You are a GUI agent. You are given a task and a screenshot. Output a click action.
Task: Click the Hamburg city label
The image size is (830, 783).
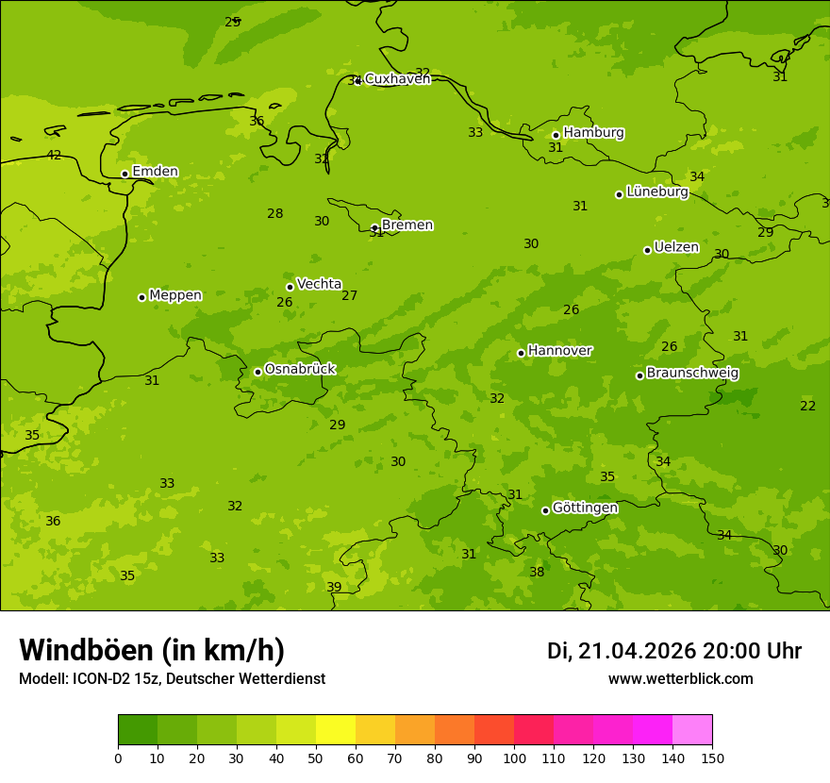click(593, 133)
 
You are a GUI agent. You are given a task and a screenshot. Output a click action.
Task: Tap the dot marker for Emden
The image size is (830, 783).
click(124, 174)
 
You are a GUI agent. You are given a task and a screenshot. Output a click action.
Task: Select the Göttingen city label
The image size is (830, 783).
click(585, 508)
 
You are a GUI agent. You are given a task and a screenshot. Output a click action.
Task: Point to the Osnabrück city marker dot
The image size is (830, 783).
click(257, 372)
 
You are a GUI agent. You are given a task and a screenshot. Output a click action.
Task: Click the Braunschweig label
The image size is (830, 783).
click(692, 374)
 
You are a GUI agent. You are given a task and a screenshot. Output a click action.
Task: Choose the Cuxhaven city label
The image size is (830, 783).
click(397, 79)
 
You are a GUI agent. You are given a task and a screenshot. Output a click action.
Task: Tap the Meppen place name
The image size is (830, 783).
click(175, 295)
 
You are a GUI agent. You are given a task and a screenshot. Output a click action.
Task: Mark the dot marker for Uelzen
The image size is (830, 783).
click(647, 250)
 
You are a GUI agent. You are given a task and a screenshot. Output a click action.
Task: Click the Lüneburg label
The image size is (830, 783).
click(657, 192)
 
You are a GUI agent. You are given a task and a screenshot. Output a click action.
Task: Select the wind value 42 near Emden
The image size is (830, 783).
click(54, 156)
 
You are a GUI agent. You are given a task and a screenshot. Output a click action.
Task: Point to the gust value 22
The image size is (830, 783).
click(807, 406)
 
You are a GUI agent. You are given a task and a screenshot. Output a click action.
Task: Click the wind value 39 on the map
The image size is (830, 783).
click(334, 587)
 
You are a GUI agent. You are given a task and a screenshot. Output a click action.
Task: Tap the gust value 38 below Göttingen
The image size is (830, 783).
click(537, 572)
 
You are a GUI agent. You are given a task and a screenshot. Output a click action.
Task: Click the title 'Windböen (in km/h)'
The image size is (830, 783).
click(152, 650)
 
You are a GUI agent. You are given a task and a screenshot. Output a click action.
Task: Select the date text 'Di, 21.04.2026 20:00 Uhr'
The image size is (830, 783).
click(674, 651)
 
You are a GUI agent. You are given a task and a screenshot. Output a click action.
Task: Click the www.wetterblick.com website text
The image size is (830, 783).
click(680, 679)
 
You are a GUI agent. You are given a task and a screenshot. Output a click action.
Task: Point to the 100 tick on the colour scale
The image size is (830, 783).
click(514, 758)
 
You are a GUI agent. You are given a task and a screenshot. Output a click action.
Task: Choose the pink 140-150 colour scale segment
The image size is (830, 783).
click(692, 730)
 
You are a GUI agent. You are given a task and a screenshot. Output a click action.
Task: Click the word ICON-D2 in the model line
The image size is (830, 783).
click(98, 679)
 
